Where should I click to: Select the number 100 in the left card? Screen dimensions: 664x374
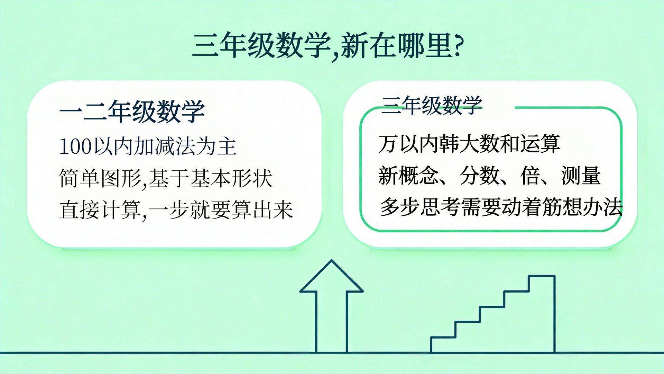[75, 146]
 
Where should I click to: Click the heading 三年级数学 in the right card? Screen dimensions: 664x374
[432, 105]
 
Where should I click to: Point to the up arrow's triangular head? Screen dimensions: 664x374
[331, 276]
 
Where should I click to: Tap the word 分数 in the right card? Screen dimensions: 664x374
[479, 176]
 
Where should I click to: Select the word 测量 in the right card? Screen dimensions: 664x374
[581, 176]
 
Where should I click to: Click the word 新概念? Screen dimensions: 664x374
[408, 176]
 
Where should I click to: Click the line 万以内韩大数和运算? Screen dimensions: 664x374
[469, 144]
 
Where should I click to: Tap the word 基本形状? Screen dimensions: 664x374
[231, 178]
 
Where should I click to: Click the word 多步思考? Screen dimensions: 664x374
[421, 207]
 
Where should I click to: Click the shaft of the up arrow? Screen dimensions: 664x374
[331, 322]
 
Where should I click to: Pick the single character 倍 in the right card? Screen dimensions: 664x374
[530, 176]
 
